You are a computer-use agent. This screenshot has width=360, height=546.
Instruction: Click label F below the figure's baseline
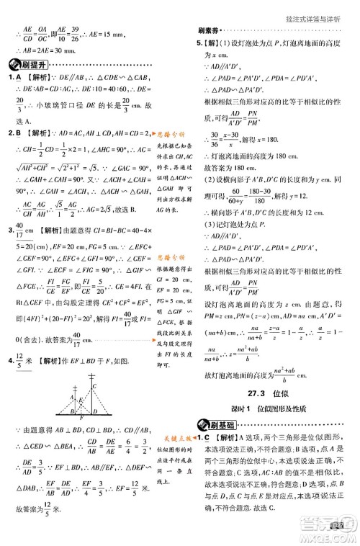coord(81,417)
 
